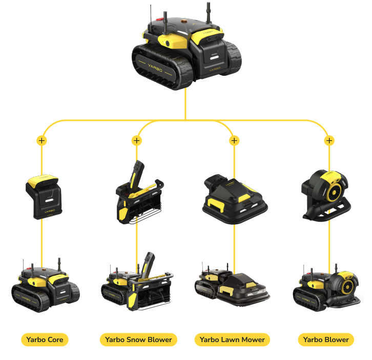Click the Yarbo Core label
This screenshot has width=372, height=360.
[x=45, y=340]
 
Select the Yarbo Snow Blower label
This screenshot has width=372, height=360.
[x=138, y=340]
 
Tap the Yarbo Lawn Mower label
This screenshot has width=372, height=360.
[x=232, y=340]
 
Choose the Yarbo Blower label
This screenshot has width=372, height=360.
[x=326, y=340]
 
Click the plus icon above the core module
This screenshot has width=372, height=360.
[x=42, y=141]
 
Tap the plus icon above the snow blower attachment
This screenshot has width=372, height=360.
[x=137, y=141]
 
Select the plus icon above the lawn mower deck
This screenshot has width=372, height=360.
[x=234, y=141]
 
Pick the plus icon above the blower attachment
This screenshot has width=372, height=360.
[x=329, y=141]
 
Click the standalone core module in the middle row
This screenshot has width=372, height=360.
[x=44, y=197]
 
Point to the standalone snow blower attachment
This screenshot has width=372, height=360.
[x=139, y=193]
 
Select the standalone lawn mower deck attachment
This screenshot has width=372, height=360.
[x=235, y=199]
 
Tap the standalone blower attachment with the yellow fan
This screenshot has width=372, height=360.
[x=326, y=196]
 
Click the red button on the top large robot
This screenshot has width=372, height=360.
[x=160, y=19]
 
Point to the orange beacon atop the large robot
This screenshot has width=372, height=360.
[x=184, y=22]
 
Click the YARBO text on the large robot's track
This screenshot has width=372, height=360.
[x=155, y=68]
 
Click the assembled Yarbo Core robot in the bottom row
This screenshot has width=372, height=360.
[x=46, y=285]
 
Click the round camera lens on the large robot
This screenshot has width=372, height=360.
[x=168, y=44]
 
